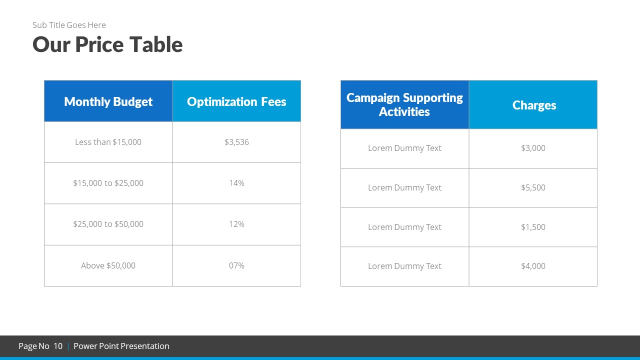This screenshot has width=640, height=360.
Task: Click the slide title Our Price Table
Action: tap(107, 44)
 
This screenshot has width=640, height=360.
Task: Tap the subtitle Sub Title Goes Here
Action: tap(69, 25)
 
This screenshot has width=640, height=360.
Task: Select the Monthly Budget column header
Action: tap(108, 101)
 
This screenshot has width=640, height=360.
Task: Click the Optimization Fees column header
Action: tap(236, 101)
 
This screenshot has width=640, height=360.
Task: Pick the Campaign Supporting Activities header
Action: tap(404, 104)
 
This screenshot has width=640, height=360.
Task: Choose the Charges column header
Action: tap(534, 105)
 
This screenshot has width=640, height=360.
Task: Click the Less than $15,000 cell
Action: tap(108, 142)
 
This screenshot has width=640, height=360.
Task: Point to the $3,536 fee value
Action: tap(236, 142)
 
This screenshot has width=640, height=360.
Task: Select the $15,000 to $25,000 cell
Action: tap(108, 183)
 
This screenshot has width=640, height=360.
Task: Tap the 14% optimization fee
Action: tap(236, 183)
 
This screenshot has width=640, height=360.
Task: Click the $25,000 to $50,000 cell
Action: tap(108, 224)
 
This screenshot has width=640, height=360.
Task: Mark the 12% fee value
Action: tap(236, 224)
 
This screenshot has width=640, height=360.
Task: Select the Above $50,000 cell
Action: tap(108, 265)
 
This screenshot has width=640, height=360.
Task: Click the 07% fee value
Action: tap(236, 265)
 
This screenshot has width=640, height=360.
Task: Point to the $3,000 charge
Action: tap(533, 148)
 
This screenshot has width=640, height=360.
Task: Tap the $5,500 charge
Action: tap(533, 187)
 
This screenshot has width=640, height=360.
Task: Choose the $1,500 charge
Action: tap(533, 227)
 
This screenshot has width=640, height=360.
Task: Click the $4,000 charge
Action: tap(533, 266)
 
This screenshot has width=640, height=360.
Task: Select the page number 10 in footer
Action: tap(58, 346)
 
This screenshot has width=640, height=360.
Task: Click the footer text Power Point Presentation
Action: tap(121, 346)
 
